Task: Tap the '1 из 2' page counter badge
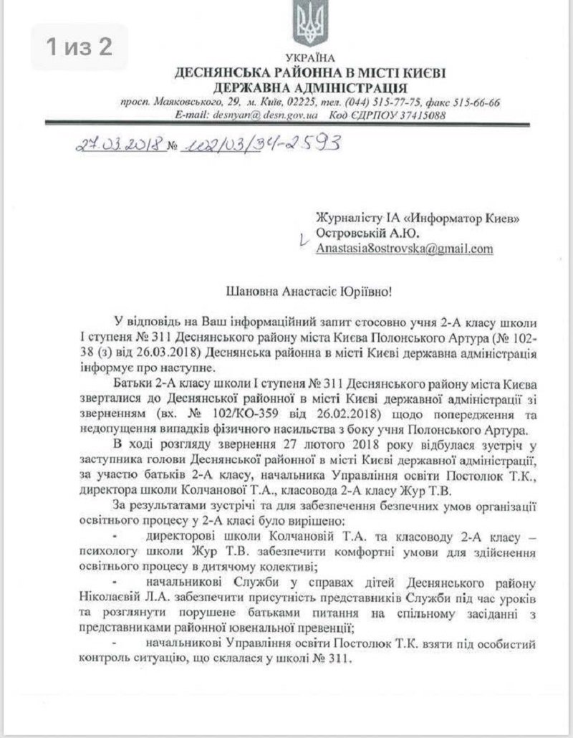pos(79,47)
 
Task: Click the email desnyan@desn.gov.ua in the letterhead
pos(249,114)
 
